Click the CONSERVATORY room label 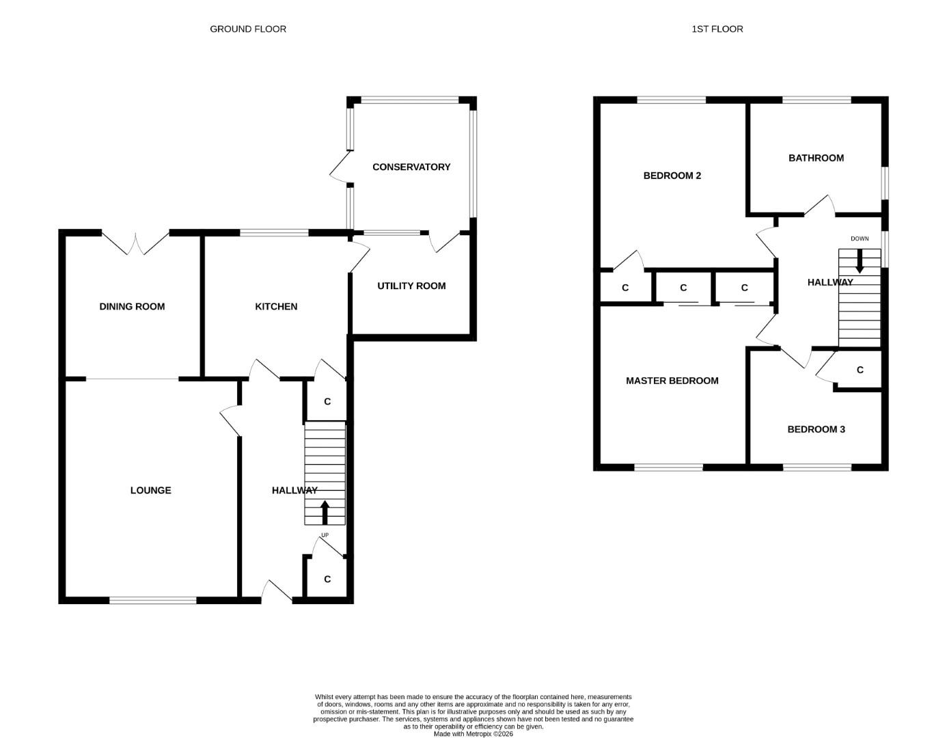click(x=411, y=167)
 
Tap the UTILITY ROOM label click(x=411, y=286)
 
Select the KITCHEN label click(x=276, y=307)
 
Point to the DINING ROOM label click(x=132, y=307)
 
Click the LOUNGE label click(x=151, y=491)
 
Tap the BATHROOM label click(x=816, y=158)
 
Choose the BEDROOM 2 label click(x=672, y=176)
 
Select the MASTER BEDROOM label click(x=672, y=381)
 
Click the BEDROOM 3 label click(x=816, y=430)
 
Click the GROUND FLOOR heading click(x=248, y=29)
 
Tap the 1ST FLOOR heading click(x=717, y=29)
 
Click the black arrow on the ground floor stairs click(x=325, y=512)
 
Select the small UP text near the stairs click(x=325, y=535)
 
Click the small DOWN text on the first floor click(x=860, y=238)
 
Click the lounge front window click(x=152, y=601)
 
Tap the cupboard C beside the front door click(x=327, y=579)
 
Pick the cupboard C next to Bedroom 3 click(x=860, y=370)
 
